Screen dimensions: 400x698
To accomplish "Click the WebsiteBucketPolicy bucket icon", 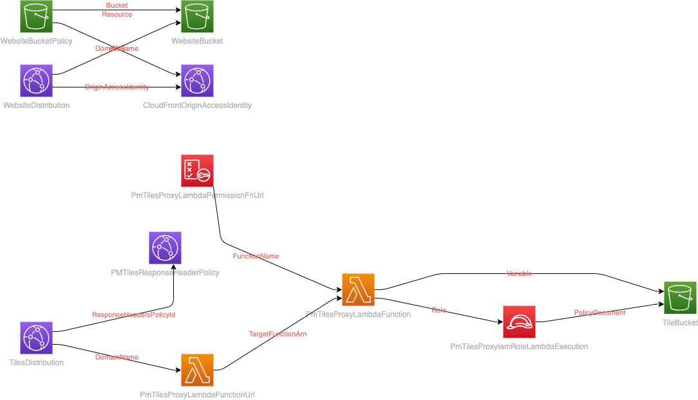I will point(36,17).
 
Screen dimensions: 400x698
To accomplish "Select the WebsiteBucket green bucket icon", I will point(197,17).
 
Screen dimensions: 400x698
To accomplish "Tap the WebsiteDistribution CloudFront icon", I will point(36,80).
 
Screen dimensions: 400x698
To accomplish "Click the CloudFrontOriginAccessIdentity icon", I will point(197,80).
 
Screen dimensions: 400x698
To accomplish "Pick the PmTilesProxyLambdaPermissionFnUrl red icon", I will point(197,170).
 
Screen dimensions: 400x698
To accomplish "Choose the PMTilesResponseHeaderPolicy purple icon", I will point(165,248).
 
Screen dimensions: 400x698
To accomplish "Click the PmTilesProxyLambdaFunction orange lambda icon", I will point(358,289).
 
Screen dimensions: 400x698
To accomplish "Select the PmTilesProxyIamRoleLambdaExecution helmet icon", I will point(519,322).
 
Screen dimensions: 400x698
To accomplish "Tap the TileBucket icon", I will point(680,298).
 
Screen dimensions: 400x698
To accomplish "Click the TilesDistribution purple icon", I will point(36,338).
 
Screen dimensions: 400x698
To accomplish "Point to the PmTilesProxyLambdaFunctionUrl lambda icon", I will point(197,370).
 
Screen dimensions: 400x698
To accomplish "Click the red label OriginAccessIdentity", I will point(117,87).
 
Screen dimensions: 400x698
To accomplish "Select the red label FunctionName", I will point(256,256).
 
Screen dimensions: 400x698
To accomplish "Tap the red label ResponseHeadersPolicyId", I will point(133,315).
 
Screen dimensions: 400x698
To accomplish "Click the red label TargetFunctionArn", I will point(278,334).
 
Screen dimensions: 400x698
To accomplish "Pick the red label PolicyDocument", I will point(599,313).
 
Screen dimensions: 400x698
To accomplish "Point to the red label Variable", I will point(519,274).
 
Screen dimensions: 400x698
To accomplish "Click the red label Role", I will point(439,311).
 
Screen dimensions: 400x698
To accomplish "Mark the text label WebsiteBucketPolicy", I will point(36,41).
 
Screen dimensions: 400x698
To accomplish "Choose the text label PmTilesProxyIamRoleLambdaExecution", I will point(519,347).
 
